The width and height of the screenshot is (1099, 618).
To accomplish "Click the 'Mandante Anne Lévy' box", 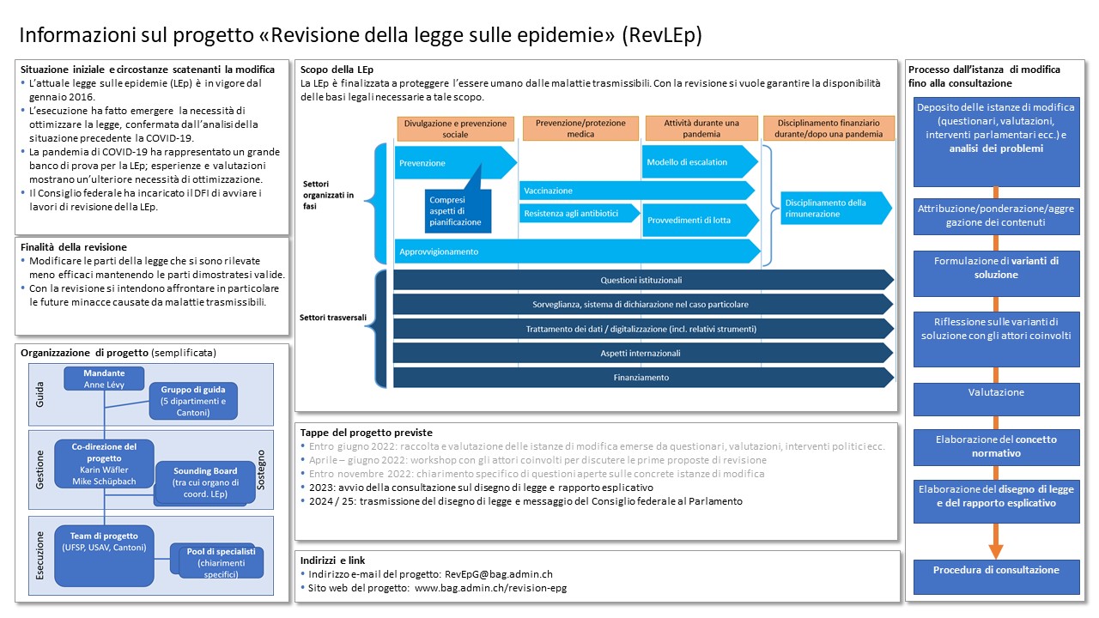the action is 104,379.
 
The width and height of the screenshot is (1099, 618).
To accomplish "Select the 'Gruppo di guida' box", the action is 193,401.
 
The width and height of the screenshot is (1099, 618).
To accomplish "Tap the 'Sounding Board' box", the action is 205,482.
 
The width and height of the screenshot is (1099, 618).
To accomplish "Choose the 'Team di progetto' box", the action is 104,555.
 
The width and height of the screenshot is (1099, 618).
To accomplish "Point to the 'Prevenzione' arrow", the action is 455,163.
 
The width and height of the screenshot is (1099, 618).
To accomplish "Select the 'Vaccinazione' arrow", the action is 636,191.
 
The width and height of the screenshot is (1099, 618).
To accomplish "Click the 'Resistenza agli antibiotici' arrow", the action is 580,214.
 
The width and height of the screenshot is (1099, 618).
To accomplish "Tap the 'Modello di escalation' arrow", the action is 700,162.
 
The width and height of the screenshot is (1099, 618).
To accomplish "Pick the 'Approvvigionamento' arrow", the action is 578,251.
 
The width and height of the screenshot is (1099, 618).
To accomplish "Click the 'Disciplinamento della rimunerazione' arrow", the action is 836,208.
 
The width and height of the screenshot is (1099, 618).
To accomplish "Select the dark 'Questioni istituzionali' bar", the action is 643,280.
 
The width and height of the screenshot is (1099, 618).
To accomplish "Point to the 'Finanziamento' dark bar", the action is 643,378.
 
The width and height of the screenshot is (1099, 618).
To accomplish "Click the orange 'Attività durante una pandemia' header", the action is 701,129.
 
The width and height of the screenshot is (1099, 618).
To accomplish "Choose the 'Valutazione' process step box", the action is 997,399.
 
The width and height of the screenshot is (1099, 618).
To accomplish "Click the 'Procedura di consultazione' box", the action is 997,577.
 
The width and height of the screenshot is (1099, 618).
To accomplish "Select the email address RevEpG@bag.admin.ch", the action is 499,574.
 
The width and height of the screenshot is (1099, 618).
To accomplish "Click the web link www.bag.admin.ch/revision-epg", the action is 490,588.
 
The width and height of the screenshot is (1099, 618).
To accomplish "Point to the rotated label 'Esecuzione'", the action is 39,556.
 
